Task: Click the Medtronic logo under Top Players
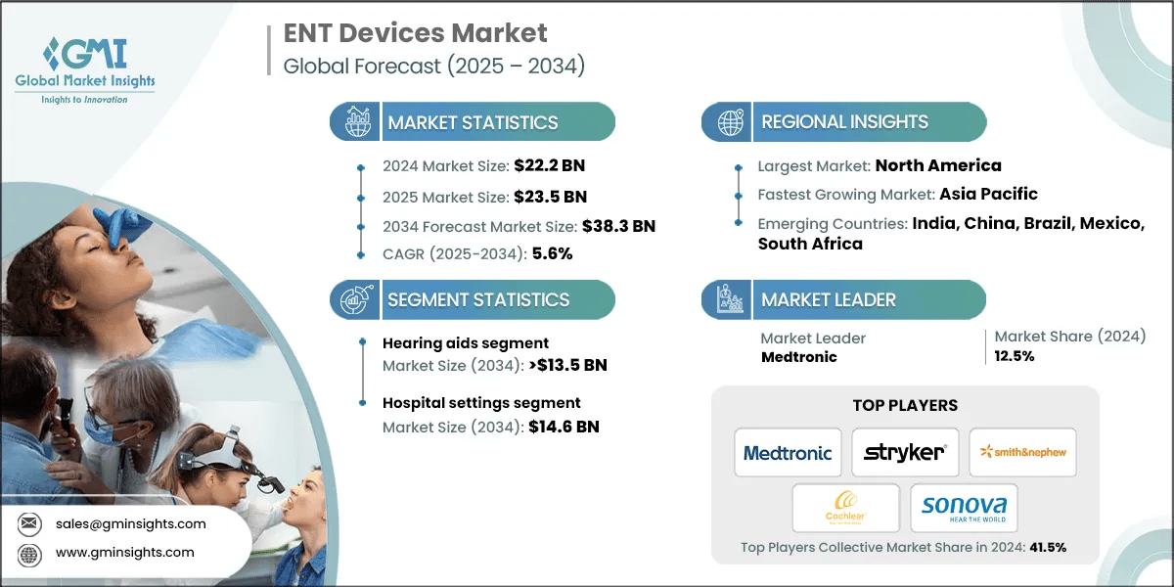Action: pos(788,453)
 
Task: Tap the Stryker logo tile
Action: pos(905,453)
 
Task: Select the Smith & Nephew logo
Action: pos(1022,452)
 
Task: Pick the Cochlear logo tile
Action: pos(846,509)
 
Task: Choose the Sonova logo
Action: pos(964,509)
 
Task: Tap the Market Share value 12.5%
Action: pos(1015,356)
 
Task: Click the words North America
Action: pos(938,165)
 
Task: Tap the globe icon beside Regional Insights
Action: pos(728,122)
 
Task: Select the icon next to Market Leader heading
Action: pos(728,300)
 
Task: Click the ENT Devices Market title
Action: pos(415,33)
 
